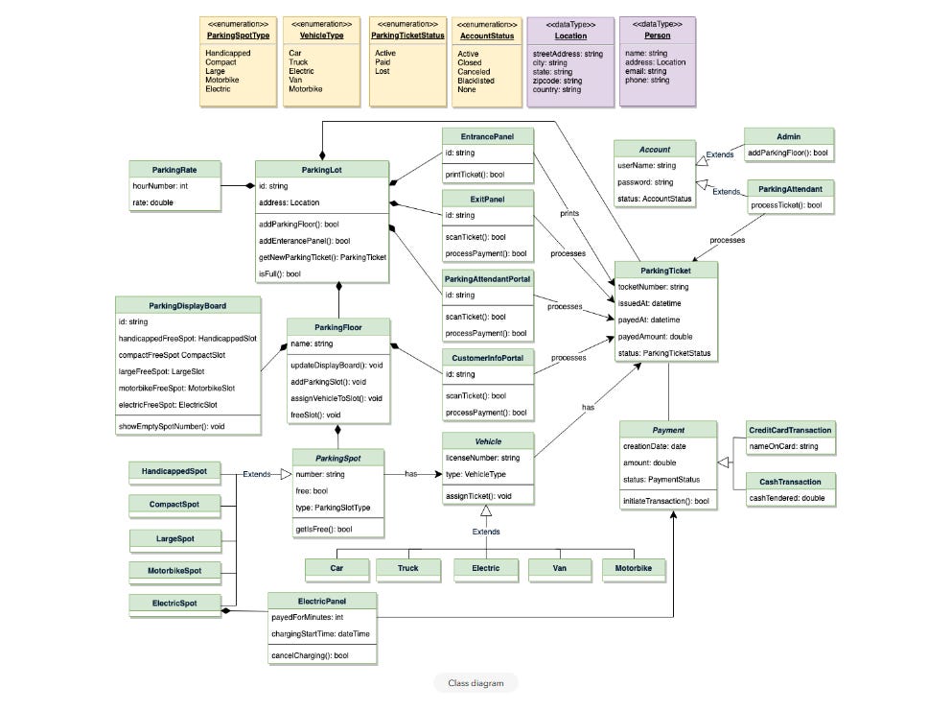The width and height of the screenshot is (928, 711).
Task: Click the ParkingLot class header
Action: (x=322, y=169)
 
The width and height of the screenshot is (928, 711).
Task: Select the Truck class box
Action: (x=408, y=568)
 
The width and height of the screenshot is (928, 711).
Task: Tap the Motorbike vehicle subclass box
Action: (x=634, y=568)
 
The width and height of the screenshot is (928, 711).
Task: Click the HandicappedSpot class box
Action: (x=174, y=471)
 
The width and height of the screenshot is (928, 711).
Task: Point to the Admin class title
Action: (x=788, y=136)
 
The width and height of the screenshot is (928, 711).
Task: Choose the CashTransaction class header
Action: (x=790, y=482)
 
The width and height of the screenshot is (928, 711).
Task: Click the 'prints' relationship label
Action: (x=569, y=213)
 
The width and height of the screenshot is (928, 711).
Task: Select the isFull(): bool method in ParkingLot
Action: (x=280, y=273)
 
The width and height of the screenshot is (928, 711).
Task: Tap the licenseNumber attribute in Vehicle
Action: (x=482, y=458)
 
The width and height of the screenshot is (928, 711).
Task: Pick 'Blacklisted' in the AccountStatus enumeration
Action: (x=476, y=81)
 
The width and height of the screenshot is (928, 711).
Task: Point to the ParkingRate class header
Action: (x=174, y=169)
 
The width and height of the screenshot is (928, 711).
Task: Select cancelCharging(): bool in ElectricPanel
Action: (x=309, y=655)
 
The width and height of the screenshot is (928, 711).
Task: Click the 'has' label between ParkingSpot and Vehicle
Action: (x=410, y=473)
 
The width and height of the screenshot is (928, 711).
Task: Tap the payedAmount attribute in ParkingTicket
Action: (x=655, y=337)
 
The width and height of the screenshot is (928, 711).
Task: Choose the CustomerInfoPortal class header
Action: (x=487, y=357)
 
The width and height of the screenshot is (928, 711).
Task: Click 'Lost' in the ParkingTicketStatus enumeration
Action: (x=382, y=71)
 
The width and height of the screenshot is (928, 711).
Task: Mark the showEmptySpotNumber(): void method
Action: (x=172, y=425)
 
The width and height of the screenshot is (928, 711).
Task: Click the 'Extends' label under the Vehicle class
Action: (x=485, y=531)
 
